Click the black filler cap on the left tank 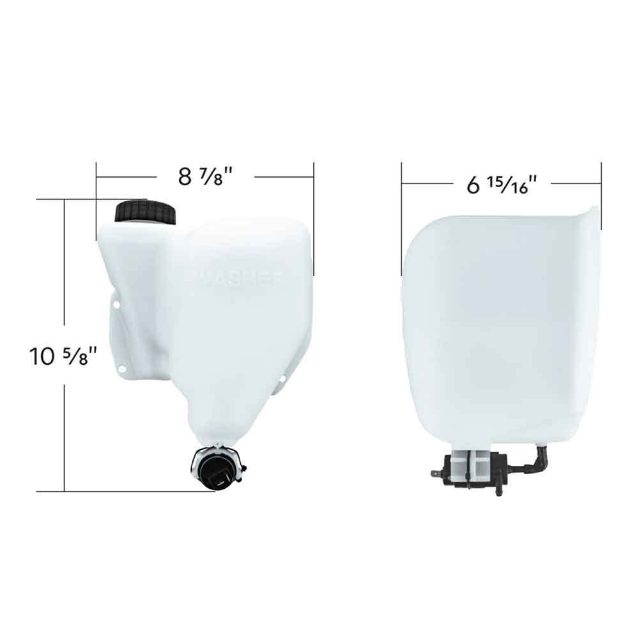click(x=145, y=212)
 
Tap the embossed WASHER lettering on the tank click(x=240, y=277)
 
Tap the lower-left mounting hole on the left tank click(x=120, y=369)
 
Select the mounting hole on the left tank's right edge click(x=283, y=380)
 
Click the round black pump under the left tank click(x=217, y=468)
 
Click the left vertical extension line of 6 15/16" click(x=401, y=217)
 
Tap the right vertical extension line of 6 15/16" click(x=601, y=192)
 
